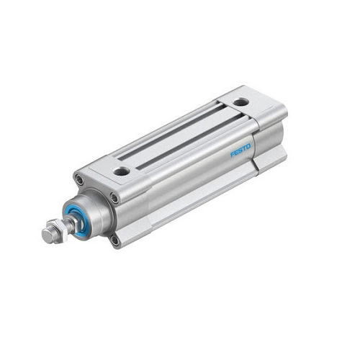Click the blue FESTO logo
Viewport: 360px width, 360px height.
pyautogui.click(x=240, y=150)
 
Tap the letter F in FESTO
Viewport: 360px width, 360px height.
pyautogui.click(x=233, y=155)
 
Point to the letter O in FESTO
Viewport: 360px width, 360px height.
pyautogui.click(x=248, y=146)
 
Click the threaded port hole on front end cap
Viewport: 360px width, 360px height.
pyautogui.click(x=122, y=171)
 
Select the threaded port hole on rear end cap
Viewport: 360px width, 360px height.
pyautogui.click(x=239, y=102)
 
